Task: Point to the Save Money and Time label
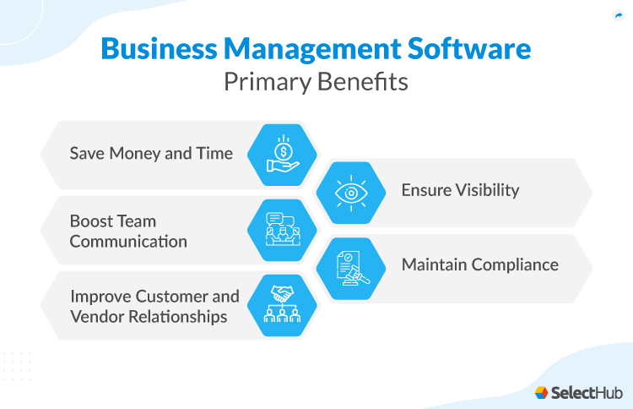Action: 151,154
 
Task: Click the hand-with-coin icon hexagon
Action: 281,153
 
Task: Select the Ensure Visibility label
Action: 460,189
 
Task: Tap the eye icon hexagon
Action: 350,192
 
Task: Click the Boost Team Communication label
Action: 128,231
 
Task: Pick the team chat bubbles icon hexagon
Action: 281,229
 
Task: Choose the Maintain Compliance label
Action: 479,264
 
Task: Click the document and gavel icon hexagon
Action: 350,267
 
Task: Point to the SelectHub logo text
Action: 587,391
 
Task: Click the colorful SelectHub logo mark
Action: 542,392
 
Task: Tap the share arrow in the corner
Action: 618,15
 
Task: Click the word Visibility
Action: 487,189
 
